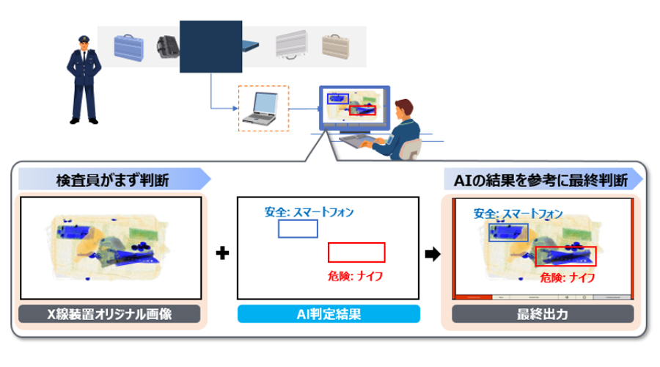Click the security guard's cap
(84, 39)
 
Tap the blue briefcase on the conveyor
(129, 48)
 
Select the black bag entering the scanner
(168, 47)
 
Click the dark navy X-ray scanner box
(211, 46)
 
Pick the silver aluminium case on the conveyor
(291, 44)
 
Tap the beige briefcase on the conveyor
(335, 46)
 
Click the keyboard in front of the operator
(359, 140)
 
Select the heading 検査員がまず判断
(112, 181)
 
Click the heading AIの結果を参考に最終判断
(540, 181)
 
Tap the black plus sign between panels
(222, 253)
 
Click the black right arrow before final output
(433, 254)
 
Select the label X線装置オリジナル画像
(109, 314)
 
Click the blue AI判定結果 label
(329, 314)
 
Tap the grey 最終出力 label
(543, 314)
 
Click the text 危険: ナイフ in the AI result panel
(355, 277)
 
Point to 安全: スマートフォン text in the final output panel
(518, 214)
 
